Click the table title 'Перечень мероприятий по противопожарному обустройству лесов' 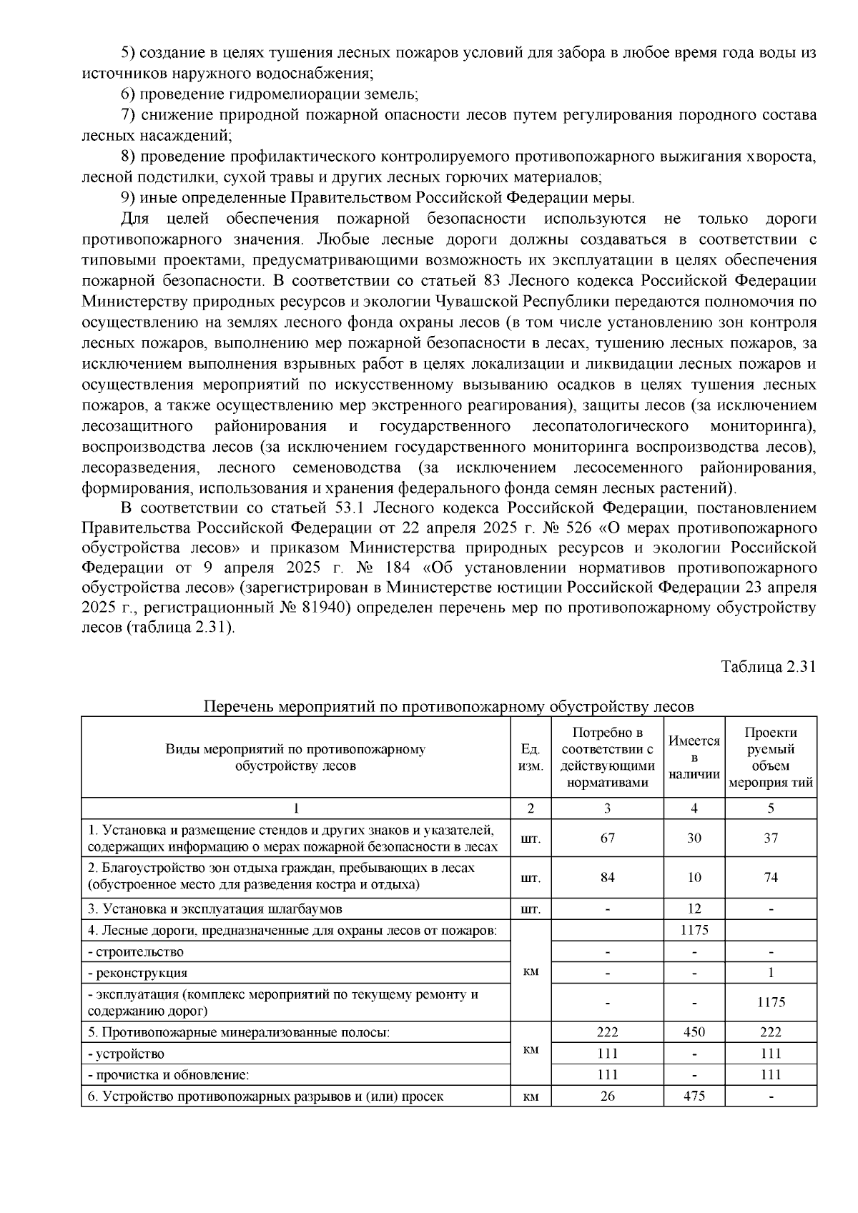point(448,707)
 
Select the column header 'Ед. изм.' point(531,757)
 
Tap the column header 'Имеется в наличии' point(694,757)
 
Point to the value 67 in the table point(607,838)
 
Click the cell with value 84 point(607,877)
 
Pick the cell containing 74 point(770,877)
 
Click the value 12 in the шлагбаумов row point(694,909)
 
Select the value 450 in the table point(694,1032)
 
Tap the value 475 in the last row point(694,1095)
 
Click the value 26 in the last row point(607,1095)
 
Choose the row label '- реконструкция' point(137,973)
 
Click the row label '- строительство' point(135,952)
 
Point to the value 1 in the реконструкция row point(770,973)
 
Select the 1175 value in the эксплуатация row point(770,1002)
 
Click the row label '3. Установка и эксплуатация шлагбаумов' point(214,909)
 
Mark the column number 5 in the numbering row point(770,808)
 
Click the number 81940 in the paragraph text point(326,608)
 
